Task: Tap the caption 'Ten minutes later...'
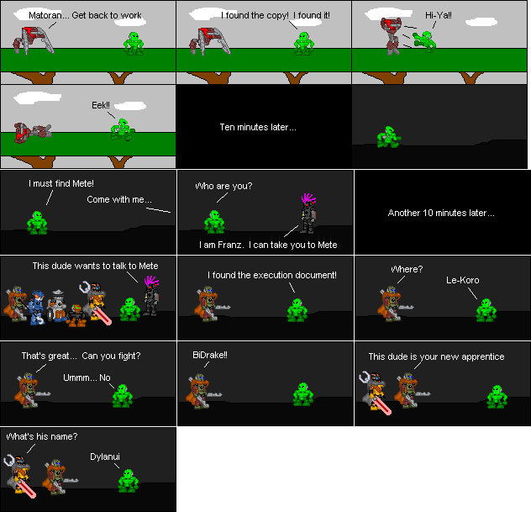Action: click(258, 127)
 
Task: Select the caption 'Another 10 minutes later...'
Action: click(441, 213)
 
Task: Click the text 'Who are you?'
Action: click(223, 186)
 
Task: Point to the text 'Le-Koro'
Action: click(462, 280)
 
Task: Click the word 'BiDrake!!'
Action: click(210, 356)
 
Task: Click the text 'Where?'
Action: click(407, 269)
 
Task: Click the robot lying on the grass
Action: click(33, 129)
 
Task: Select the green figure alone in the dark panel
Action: click(388, 137)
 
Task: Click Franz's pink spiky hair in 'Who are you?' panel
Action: click(308, 200)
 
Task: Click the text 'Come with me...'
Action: click(119, 200)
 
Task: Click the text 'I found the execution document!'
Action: click(272, 275)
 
